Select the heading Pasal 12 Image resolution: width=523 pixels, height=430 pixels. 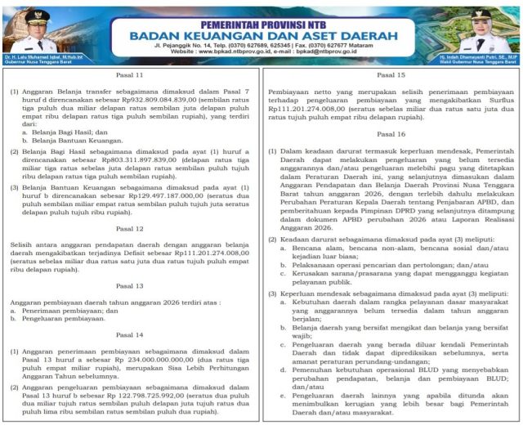132,228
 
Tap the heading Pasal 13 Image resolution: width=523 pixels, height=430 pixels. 132,285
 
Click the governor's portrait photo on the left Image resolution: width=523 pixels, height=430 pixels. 34,28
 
